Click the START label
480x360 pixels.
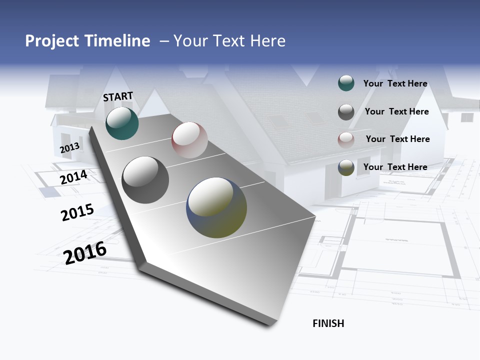(118, 96)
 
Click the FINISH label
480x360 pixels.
(328, 323)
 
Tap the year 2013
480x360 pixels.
(69, 147)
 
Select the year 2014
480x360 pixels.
(74, 177)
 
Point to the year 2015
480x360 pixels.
(77, 212)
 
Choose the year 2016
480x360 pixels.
(85, 252)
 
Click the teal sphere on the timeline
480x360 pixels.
(122, 123)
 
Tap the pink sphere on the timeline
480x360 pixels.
(189, 140)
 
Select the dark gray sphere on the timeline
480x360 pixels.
(145, 180)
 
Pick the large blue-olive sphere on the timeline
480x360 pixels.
(216, 207)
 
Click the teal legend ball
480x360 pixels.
(346, 83)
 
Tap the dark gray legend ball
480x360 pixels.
(346, 112)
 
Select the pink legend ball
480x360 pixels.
(346, 139)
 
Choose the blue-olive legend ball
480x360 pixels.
(346, 167)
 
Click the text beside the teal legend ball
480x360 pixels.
(395, 83)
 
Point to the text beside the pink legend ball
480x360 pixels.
(397, 139)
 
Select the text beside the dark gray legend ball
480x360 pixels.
(396, 111)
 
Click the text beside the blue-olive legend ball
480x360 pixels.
(395, 167)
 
